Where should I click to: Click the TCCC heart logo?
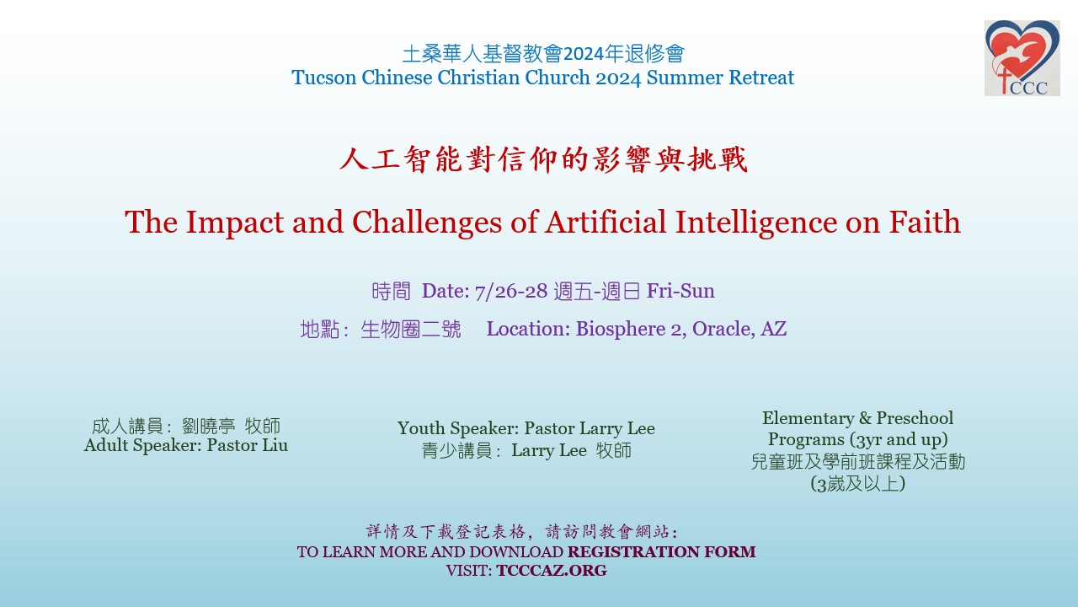1022,58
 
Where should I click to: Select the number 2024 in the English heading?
618,78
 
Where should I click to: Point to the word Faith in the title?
925,222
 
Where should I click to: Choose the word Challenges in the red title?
427,223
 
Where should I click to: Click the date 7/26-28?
511,292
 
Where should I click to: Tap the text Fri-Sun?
680,291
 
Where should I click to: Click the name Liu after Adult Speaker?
275,445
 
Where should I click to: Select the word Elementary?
808,418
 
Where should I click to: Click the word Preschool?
915,418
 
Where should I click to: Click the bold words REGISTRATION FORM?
662,551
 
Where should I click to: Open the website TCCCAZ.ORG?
552,571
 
